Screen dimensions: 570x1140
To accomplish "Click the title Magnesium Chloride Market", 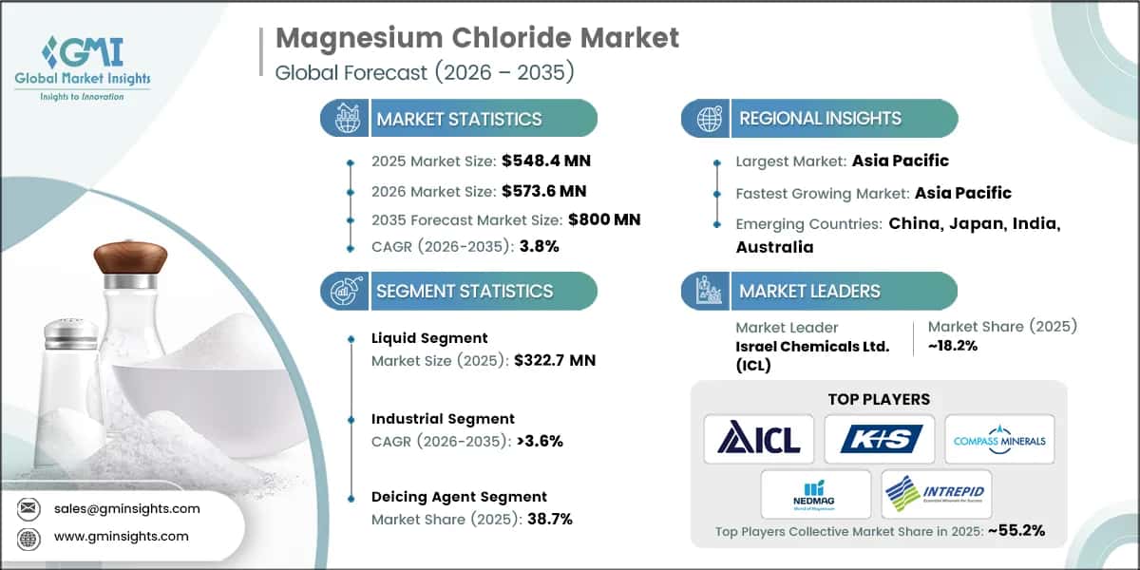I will point(477,38).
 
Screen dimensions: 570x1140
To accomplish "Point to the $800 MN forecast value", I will point(604,219).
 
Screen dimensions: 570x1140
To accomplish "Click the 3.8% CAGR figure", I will point(539,246).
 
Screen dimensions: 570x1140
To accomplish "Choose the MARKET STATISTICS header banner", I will point(459,119).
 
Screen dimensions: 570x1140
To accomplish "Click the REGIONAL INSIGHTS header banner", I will point(820,119).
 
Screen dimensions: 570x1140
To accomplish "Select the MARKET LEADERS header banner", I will point(808,291).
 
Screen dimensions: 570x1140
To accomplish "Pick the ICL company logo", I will point(759,439).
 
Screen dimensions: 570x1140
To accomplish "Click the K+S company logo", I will point(880,439).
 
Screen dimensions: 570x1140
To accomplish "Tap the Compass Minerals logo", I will point(999,439).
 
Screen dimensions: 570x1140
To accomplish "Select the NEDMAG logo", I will point(815,493).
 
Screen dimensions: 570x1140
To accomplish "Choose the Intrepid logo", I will point(936,493).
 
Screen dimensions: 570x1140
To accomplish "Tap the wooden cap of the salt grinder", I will point(130,256).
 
